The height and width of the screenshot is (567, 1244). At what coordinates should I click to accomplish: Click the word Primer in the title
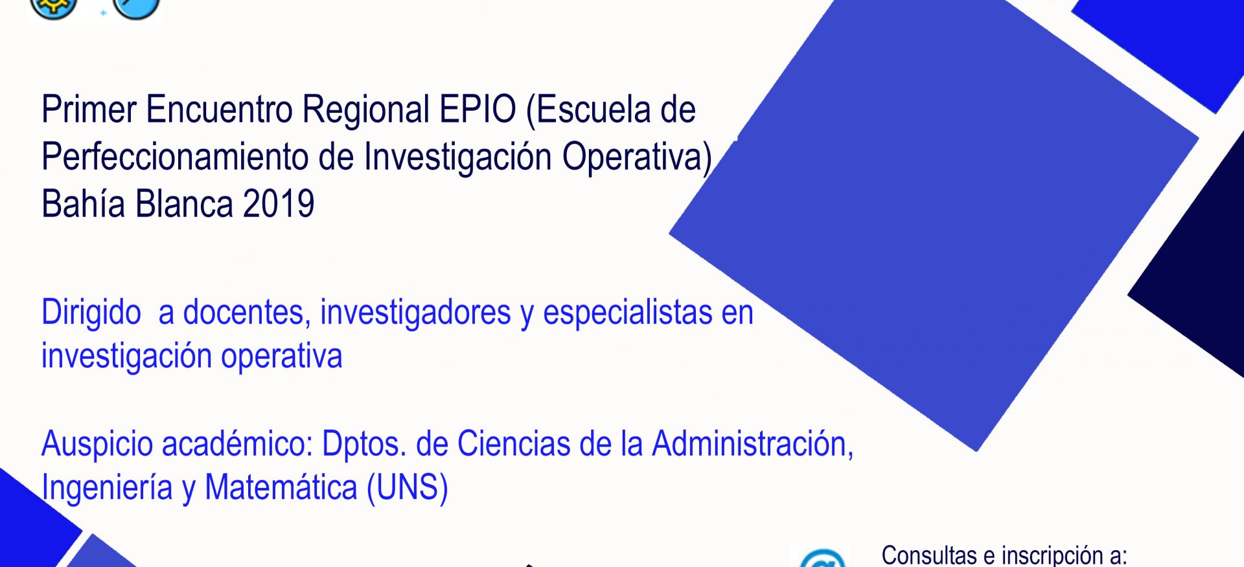[x=89, y=110]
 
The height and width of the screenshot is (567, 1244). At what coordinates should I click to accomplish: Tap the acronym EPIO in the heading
[x=478, y=109]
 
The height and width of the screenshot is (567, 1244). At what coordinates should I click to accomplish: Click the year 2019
[x=279, y=204]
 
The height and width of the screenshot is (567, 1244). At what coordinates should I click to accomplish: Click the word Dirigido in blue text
[x=91, y=313]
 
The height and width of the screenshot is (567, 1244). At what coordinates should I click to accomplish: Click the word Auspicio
[x=97, y=445]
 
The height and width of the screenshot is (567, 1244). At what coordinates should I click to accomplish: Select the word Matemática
[x=281, y=487]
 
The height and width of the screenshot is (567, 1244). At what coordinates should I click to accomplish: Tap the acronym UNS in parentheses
[x=408, y=488]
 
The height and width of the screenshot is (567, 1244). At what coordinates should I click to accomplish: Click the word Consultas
[x=929, y=556]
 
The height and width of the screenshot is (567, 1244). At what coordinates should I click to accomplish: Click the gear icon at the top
[x=54, y=8]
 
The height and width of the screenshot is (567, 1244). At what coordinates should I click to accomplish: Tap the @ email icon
[x=823, y=559]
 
